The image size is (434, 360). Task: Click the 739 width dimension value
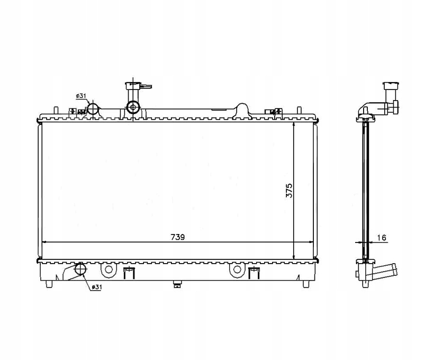coord(178,237)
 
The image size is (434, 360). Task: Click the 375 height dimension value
coord(288,191)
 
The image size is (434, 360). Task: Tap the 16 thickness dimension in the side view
coord(382,238)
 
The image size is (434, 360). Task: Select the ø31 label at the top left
coord(81,96)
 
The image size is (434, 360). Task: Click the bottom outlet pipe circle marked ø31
coord(80,269)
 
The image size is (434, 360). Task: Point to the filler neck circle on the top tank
coord(133,107)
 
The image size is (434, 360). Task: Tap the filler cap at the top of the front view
coord(133,85)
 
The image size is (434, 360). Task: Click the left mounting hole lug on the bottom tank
coord(108,269)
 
